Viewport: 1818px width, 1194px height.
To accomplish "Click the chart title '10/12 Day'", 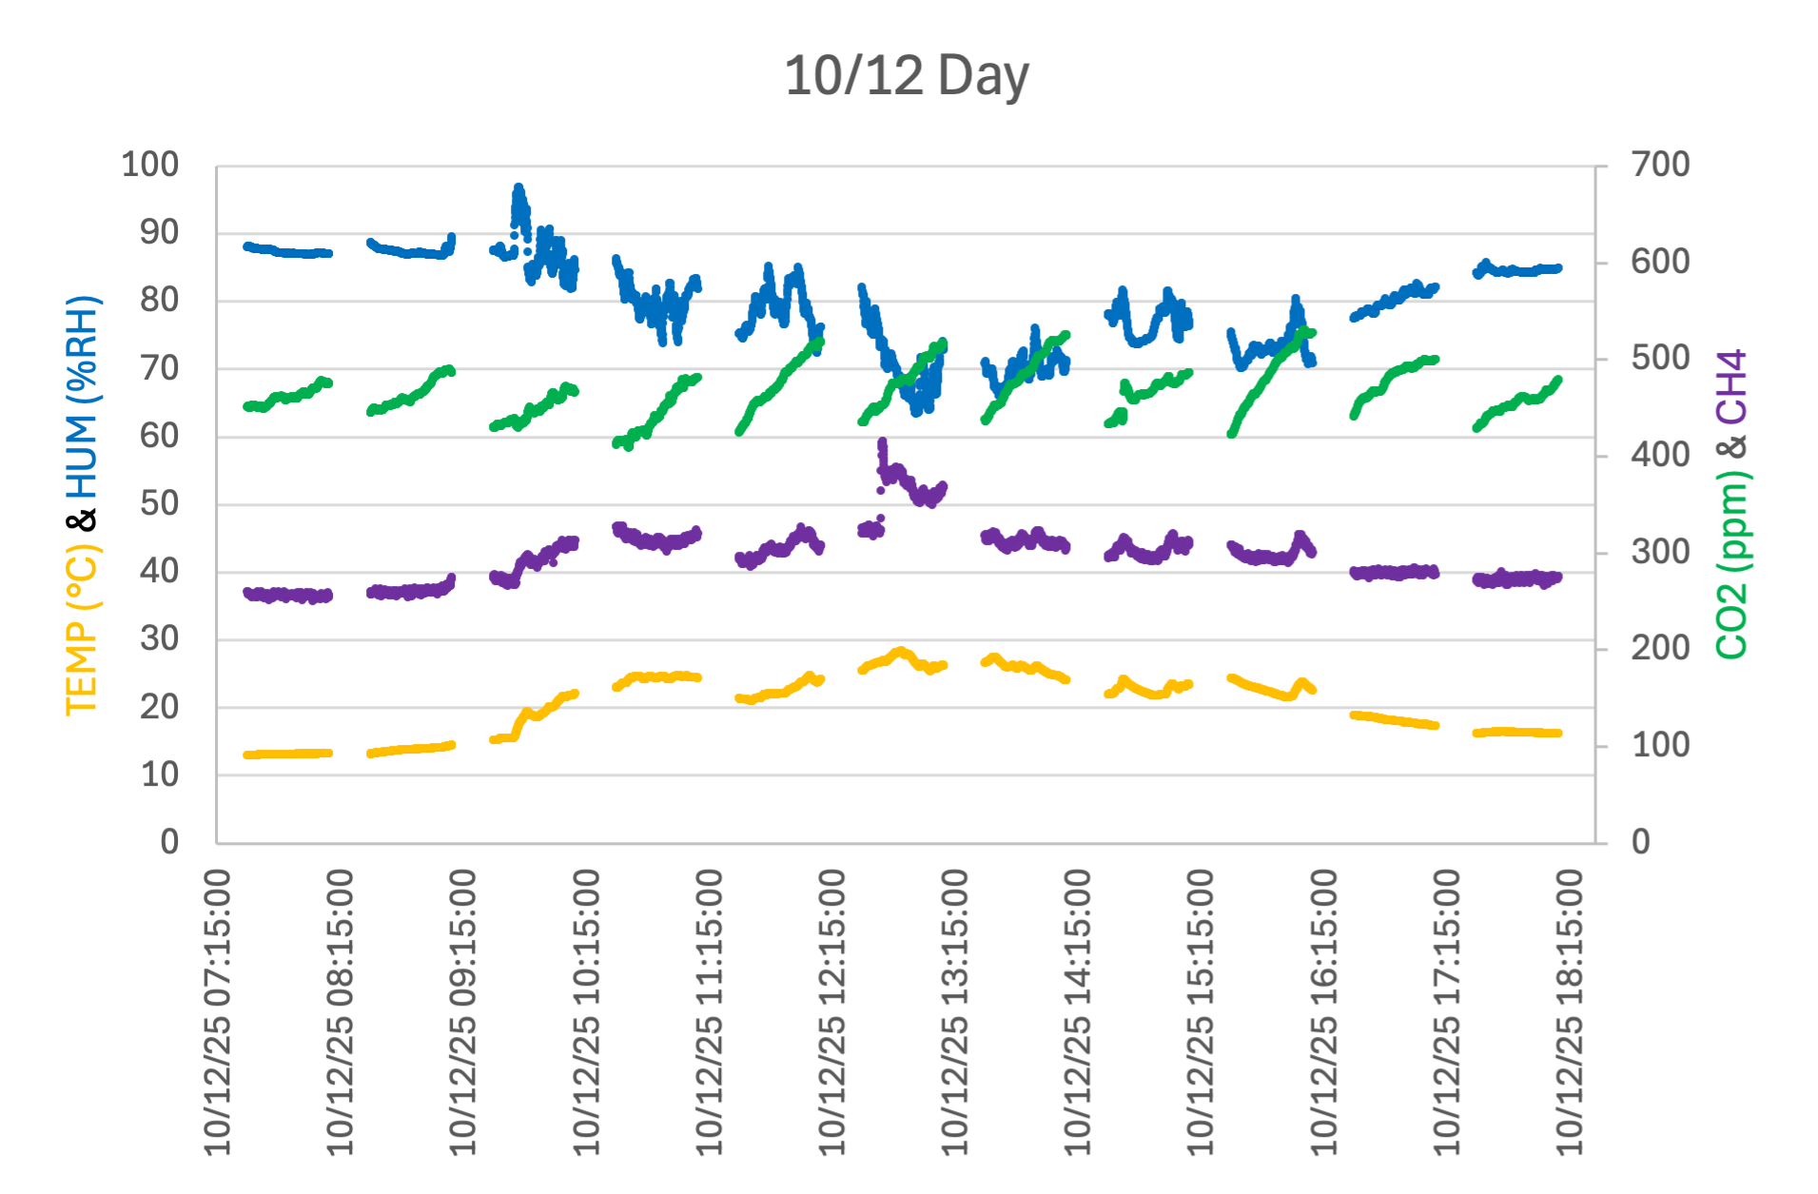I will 906,75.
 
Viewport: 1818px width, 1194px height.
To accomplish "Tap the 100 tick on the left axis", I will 149,165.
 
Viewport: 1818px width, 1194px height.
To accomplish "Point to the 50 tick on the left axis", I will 159,503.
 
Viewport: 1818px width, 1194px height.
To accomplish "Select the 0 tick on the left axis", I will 169,842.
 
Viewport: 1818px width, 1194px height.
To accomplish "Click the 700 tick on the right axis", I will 1660,165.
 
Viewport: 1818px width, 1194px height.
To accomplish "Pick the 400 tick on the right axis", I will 1660,455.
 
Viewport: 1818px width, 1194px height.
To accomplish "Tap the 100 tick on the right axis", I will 1660,745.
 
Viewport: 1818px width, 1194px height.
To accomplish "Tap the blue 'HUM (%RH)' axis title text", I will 82,397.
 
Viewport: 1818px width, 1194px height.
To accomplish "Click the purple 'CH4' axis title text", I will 1731,386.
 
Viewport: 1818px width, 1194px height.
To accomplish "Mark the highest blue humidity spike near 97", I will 518,188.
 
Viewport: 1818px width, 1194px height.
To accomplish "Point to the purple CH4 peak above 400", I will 882,443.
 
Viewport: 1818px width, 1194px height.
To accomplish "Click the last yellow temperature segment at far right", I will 1517,732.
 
